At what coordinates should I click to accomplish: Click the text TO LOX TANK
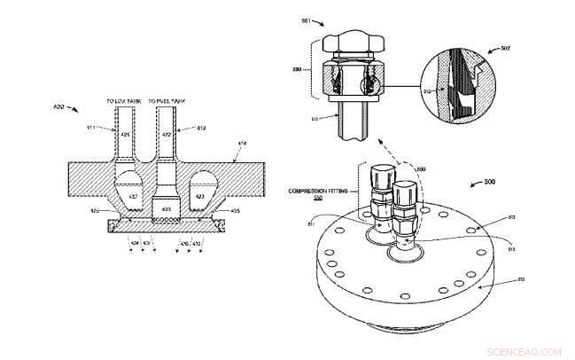pyautogui.click(x=123, y=102)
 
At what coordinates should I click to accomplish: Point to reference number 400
pyautogui.click(x=59, y=106)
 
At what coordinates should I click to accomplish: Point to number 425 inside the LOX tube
pyautogui.click(x=126, y=134)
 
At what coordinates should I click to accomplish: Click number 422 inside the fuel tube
pyautogui.click(x=165, y=134)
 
